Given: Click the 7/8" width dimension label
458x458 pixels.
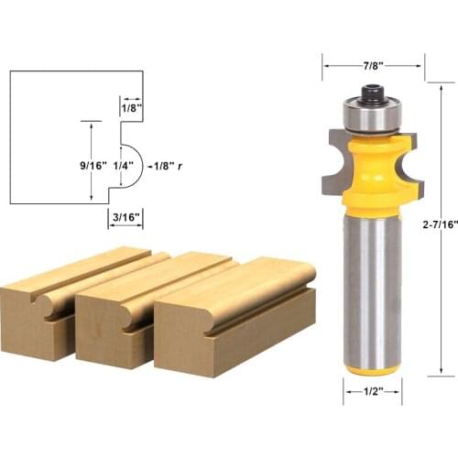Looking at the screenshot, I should coord(374,65).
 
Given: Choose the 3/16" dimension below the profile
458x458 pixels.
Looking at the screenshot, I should coord(123,218).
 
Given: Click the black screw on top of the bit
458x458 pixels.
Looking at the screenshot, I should coord(373,92).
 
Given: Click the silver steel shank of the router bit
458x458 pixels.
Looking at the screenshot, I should coord(373,284).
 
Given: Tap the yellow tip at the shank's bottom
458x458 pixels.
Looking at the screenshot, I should coord(373,369).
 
